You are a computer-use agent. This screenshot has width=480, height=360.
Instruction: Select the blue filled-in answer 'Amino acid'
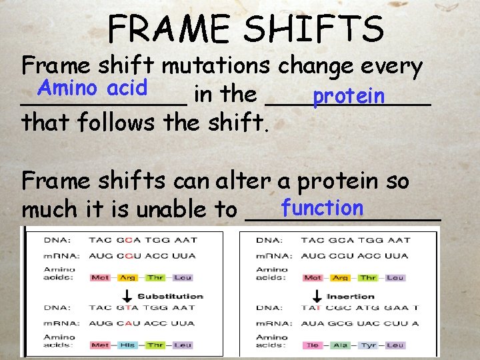pos(93,87)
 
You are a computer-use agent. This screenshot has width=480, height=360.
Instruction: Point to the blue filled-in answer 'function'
pos(322,208)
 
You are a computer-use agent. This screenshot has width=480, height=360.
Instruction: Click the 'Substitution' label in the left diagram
pos(170,296)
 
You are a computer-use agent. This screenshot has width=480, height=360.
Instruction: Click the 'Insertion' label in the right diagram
pos(351,296)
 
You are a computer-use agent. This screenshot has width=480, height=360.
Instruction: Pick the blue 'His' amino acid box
pos(129,345)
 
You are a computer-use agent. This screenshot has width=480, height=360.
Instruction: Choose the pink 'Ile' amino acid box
pos(312,345)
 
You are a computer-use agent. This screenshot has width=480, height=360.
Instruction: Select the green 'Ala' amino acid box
pos(340,345)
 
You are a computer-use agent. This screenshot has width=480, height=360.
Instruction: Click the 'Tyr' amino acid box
pos(368,345)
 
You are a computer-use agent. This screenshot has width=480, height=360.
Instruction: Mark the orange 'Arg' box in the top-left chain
pos(129,277)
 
